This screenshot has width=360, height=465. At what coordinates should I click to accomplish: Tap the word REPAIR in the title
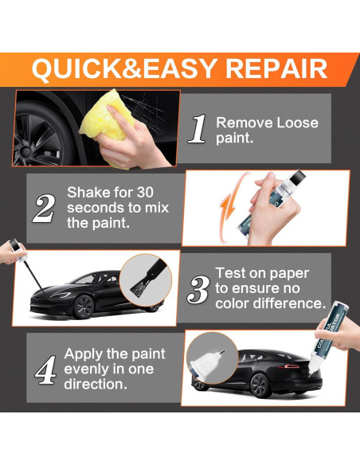coord(276,68)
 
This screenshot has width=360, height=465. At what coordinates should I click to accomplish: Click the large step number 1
coord(198,129)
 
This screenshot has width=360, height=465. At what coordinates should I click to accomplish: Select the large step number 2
coord(44,207)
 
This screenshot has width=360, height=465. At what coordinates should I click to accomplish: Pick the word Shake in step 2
coord(87,193)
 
